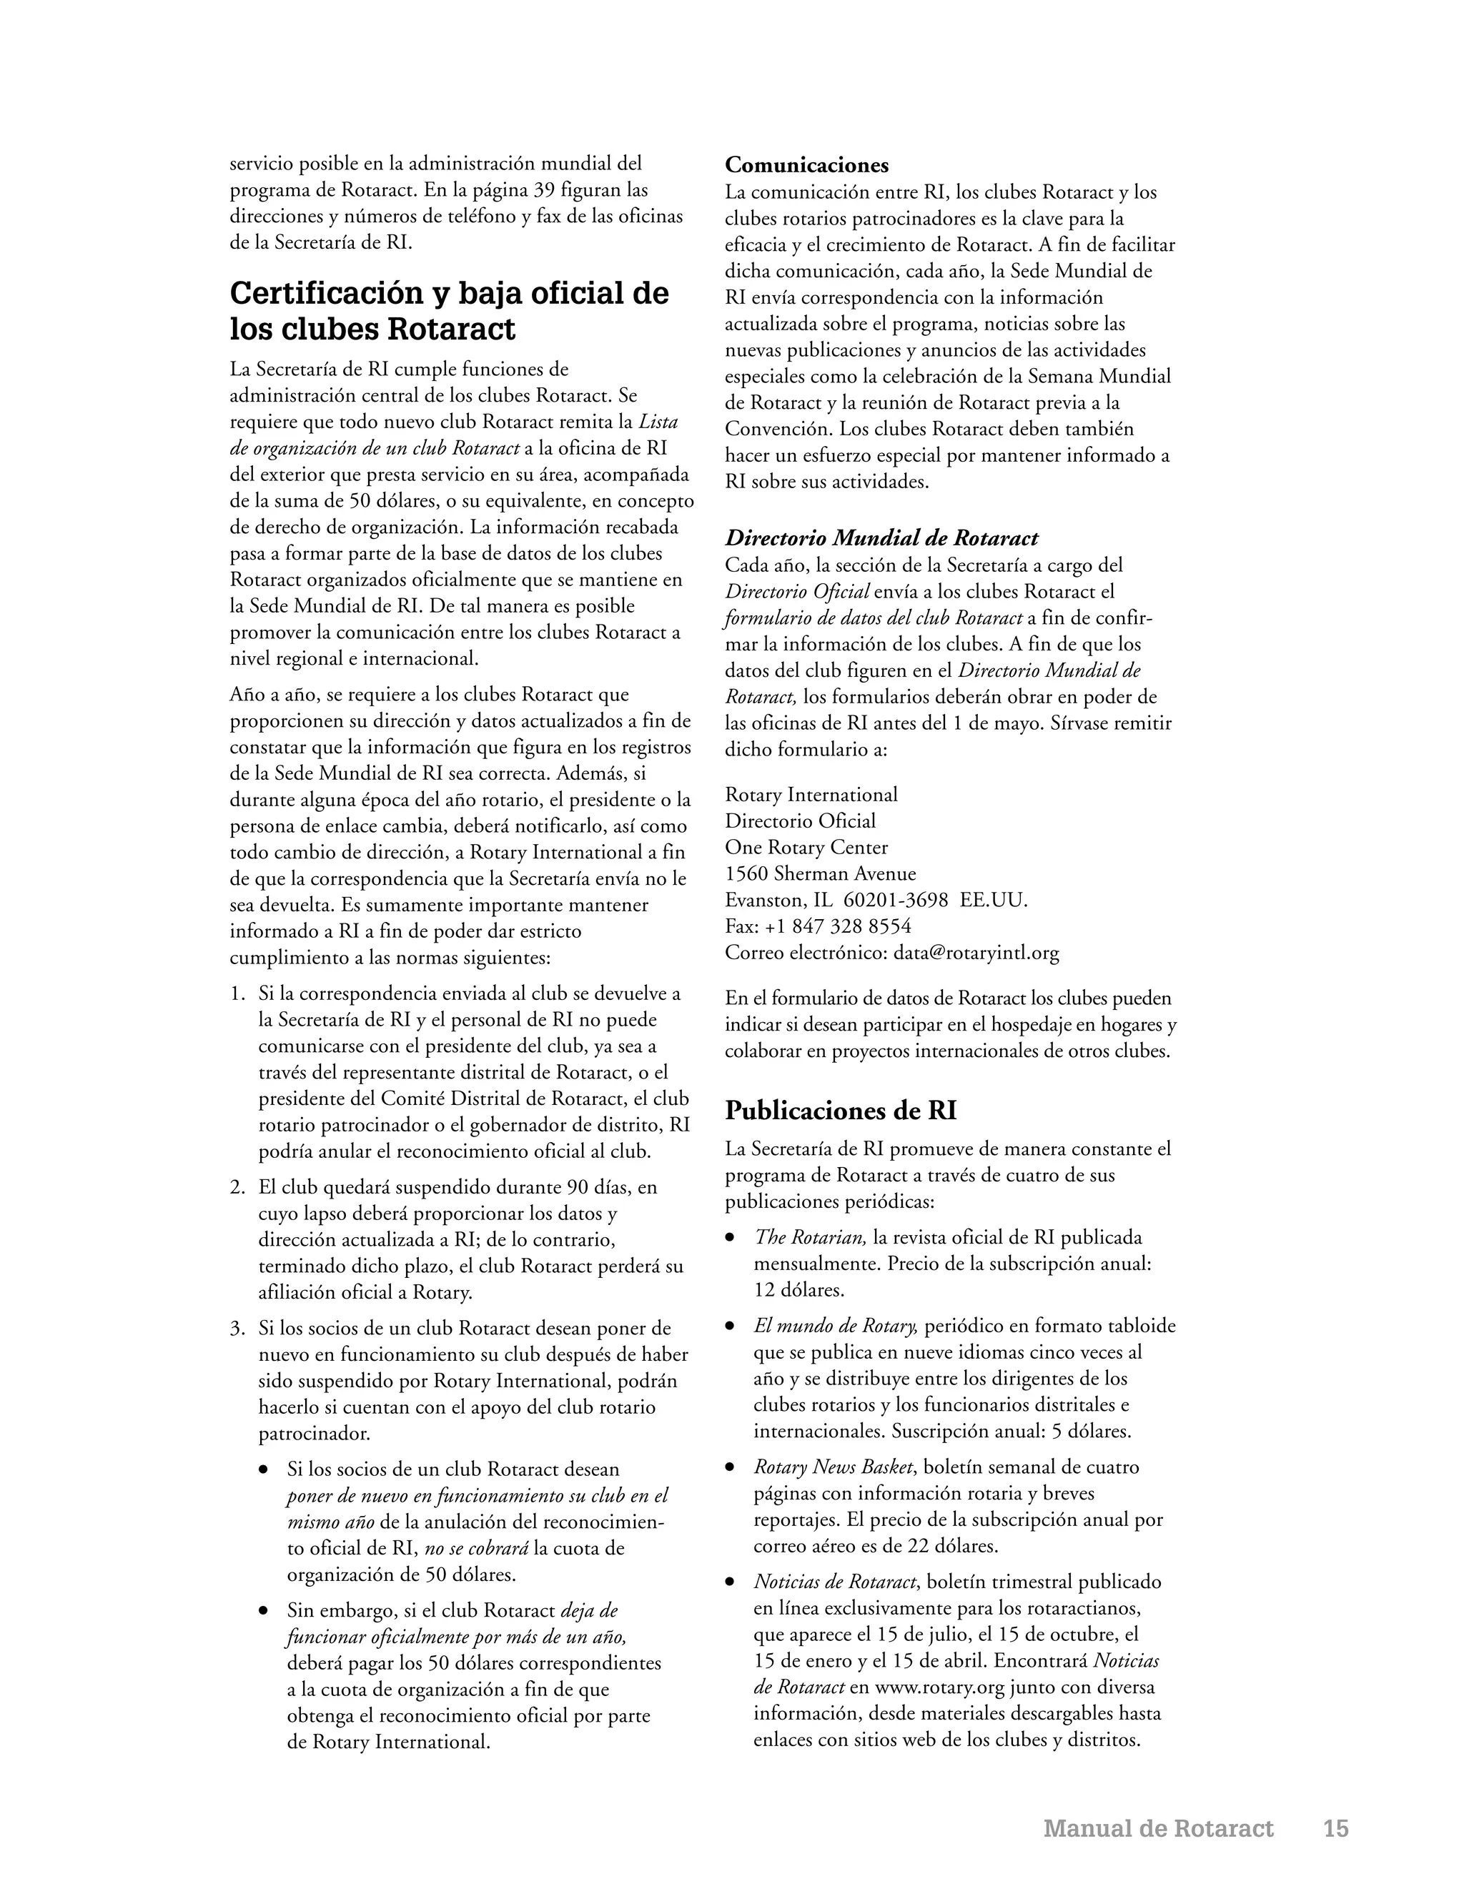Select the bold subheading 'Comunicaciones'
(806, 165)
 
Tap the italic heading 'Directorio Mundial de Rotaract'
(881, 539)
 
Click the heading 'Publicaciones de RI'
(841, 1110)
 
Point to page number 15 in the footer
(1335, 1828)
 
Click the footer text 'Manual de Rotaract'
(1158, 1828)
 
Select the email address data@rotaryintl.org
(976, 953)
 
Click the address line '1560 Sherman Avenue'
(821, 873)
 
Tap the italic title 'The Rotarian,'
(809, 1237)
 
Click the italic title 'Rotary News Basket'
(833, 1467)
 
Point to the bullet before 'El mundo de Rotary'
(731, 1327)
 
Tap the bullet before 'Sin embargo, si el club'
(264, 1611)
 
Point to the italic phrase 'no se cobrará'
(476, 1548)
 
